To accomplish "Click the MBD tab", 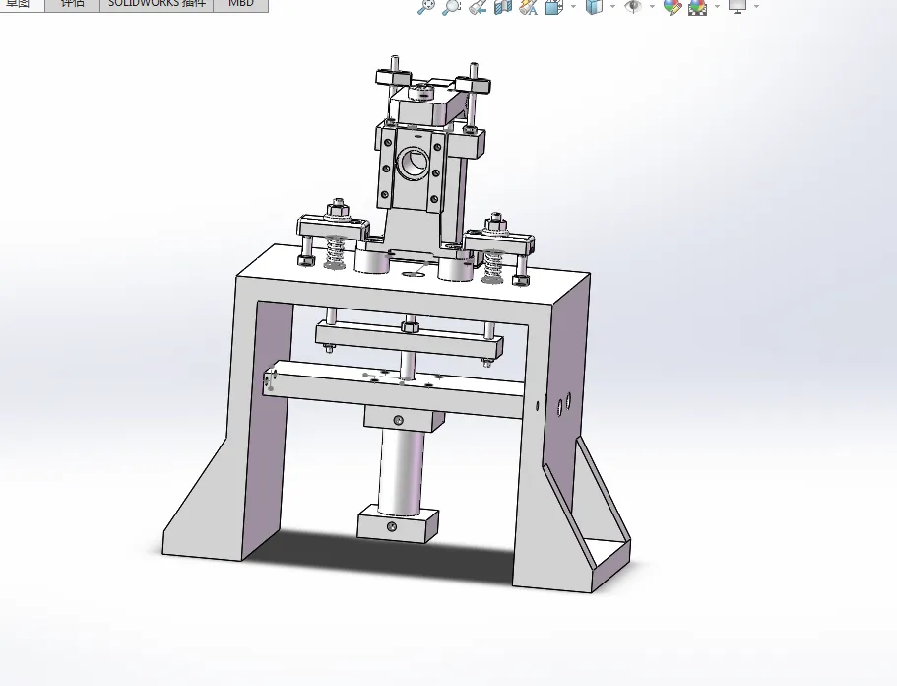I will [x=240, y=4].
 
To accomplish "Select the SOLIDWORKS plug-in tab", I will [x=158, y=4].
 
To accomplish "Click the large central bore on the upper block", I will [x=413, y=160].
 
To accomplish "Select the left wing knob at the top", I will [x=391, y=77].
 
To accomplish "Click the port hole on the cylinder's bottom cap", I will [x=391, y=528].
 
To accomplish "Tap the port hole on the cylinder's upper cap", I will [x=398, y=421].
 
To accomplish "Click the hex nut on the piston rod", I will [x=410, y=324].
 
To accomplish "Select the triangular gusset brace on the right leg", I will [x=598, y=513].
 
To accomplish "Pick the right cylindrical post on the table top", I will [x=455, y=265].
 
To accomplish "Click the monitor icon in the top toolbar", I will [x=737, y=7].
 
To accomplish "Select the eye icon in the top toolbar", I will [x=633, y=7].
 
